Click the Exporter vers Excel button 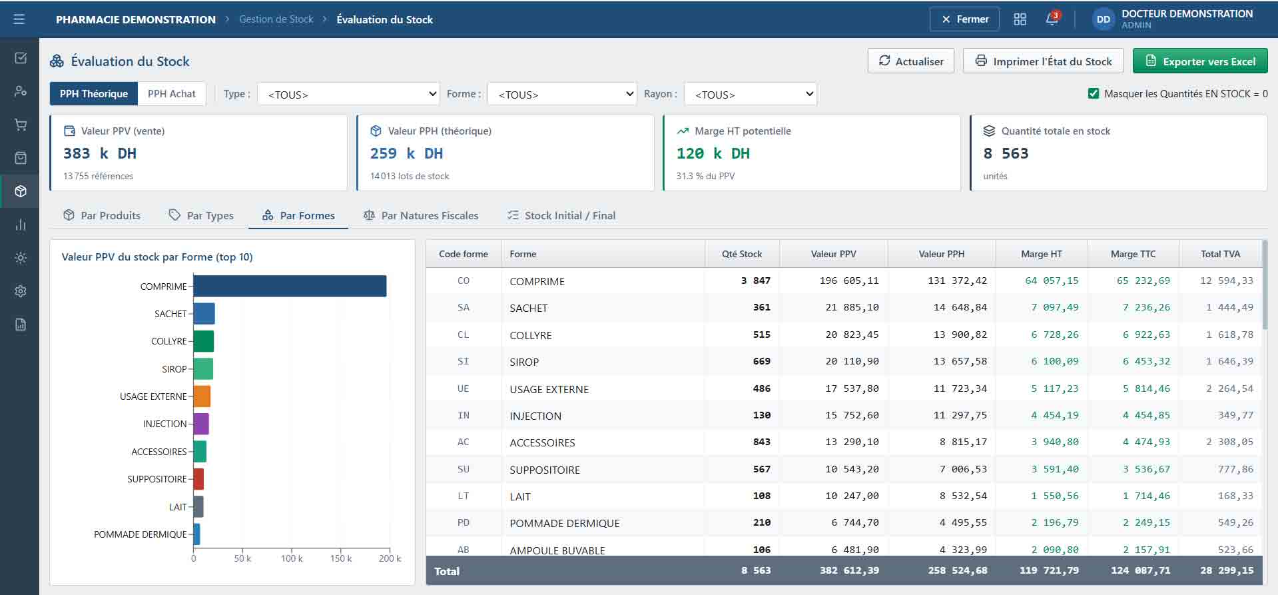[x=1200, y=61]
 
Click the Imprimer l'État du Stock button [x=1043, y=61]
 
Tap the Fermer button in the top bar [x=964, y=19]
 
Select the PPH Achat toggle [x=172, y=94]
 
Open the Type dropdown [x=348, y=94]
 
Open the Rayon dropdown [x=751, y=94]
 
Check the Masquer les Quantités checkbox [x=1094, y=94]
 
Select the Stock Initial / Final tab [x=561, y=215]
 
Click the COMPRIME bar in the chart [x=290, y=286]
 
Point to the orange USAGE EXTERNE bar [x=202, y=396]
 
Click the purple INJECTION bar [x=201, y=424]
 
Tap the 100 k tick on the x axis [x=292, y=558]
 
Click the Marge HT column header [x=1042, y=254]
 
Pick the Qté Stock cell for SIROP [x=761, y=362]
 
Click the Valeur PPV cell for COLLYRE [x=852, y=334]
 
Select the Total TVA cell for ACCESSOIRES [x=1229, y=442]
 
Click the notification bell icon [x=1052, y=19]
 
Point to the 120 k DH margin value [x=713, y=153]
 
